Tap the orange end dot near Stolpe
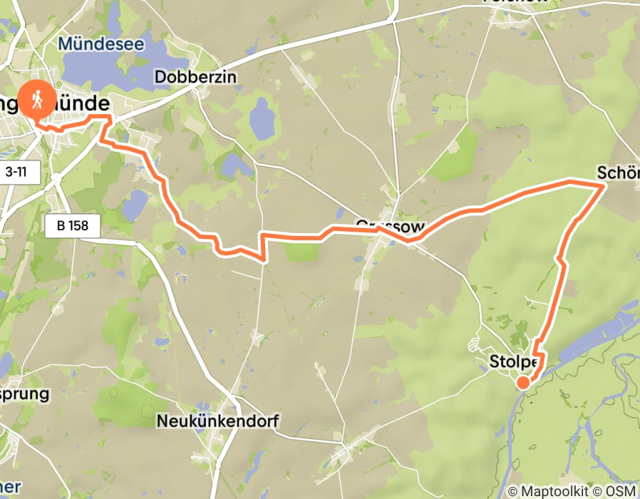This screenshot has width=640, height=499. coord(523,383)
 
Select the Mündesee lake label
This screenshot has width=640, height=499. coord(101,44)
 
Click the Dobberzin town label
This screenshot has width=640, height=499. coord(195,77)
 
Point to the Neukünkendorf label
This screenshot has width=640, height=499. coord(217,421)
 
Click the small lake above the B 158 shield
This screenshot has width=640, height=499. coord(135,205)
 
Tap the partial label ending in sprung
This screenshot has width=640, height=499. coord(25,393)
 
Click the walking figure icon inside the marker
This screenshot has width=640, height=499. coord(37,98)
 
